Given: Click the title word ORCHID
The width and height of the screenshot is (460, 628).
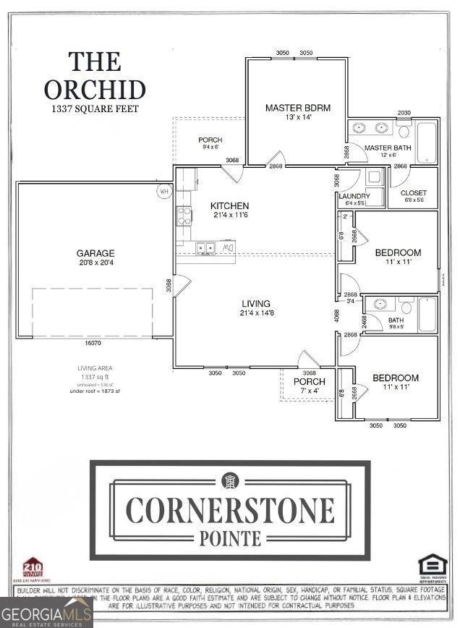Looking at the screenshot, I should click(95, 90).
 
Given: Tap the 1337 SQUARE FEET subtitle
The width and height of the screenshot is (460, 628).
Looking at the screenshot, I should click(95, 109).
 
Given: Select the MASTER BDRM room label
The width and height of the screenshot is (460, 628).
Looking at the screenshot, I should click(297, 108).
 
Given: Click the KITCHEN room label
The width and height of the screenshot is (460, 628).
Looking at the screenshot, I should click(229, 206).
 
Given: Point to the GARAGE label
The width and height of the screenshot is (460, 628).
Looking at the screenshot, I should click(95, 253).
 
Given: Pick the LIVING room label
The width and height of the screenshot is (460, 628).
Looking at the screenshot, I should click(256, 303).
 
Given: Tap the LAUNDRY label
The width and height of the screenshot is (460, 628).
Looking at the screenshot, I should click(354, 196).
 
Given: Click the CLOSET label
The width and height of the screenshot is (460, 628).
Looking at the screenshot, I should click(413, 192).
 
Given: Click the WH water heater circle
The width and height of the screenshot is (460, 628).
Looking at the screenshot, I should click(164, 192).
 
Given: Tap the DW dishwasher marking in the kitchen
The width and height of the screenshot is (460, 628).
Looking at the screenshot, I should click(228, 248).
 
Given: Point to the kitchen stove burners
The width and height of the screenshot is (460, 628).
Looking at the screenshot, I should click(184, 214).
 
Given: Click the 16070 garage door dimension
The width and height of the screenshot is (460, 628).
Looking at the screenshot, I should click(93, 343).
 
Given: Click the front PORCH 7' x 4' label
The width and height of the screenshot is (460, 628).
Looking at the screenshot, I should click(309, 381).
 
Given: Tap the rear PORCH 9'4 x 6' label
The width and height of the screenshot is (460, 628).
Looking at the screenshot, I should click(210, 140).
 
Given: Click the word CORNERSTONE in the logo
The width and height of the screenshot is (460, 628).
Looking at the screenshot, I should click(230, 511).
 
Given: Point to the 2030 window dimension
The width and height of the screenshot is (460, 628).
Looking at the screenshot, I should click(404, 113).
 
